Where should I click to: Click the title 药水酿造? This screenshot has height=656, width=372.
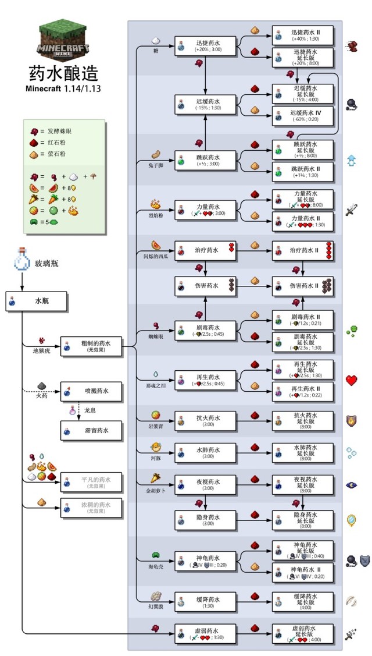[63, 74]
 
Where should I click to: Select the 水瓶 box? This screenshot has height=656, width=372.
[37, 302]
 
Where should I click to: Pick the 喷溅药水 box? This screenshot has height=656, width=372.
[91, 391]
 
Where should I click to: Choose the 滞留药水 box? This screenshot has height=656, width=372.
[91, 431]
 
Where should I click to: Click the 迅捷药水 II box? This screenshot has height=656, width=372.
[303, 36]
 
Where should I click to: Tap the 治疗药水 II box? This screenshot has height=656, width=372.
[303, 250]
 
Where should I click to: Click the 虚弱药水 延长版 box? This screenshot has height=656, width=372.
[303, 633]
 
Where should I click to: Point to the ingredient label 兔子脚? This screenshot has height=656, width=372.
[155, 165]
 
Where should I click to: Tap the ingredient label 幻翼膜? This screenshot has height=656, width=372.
[155, 607]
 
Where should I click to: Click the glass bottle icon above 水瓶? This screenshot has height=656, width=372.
[22, 263]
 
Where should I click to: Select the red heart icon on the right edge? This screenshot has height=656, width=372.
[351, 381]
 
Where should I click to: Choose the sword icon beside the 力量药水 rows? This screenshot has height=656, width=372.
[351, 210]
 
